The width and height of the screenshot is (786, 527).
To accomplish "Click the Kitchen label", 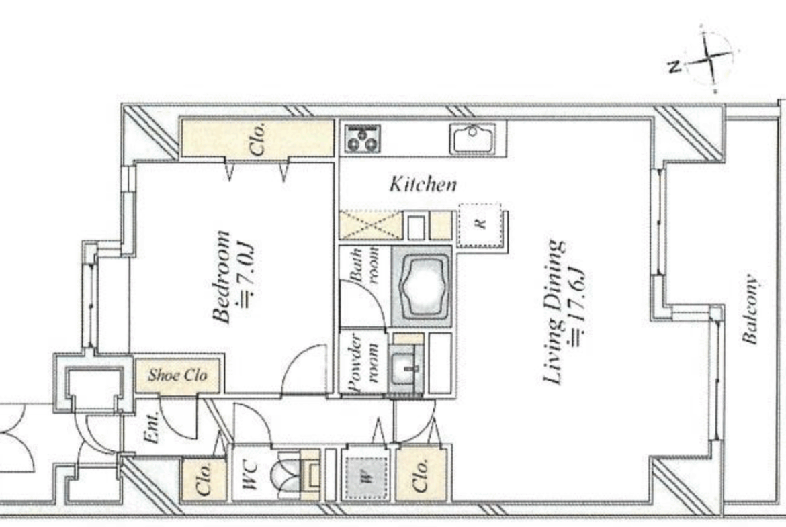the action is [x=424, y=185].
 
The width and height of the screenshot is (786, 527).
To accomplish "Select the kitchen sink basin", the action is [x=473, y=138].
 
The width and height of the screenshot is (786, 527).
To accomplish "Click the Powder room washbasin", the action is [x=406, y=368].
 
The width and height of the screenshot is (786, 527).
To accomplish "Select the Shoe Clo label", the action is [x=177, y=375].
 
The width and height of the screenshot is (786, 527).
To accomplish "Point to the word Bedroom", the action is [x=221, y=277].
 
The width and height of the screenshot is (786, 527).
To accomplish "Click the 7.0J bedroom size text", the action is [x=248, y=275].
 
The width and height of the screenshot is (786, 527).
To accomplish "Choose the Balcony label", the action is [x=750, y=309].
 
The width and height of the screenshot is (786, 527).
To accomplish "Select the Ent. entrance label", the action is [x=151, y=428].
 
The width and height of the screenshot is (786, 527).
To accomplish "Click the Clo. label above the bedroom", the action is [x=257, y=139].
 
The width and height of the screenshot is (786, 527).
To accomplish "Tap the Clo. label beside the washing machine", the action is [x=420, y=475].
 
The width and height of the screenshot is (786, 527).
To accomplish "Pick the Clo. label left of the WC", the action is [x=203, y=479].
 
